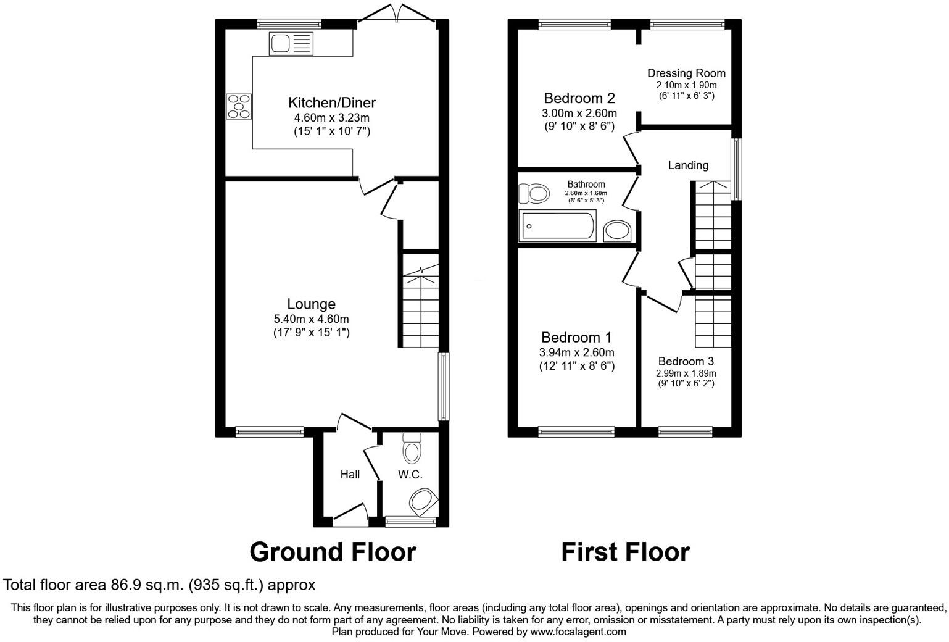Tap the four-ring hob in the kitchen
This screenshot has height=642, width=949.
click(x=239, y=106)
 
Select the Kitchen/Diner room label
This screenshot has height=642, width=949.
click(x=331, y=102)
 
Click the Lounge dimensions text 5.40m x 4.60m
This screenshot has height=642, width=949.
click(x=312, y=319)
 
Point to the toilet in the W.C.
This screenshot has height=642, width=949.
click(x=411, y=448)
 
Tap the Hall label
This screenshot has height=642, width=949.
click(x=350, y=474)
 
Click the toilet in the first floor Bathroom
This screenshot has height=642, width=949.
click(x=534, y=194)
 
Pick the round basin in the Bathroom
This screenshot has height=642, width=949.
click(x=616, y=231)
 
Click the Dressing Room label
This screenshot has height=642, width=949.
click(x=686, y=73)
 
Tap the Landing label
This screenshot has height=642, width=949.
click(x=688, y=165)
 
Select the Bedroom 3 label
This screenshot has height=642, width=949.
click(x=685, y=361)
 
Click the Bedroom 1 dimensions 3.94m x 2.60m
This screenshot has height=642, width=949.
click(x=576, y=352)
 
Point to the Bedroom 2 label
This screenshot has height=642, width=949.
click(x=579, y=98)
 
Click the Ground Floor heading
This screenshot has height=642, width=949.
click(x=333, y=551)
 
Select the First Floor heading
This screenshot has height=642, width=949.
click(x=625, y=551)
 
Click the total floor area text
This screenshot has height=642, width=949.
click(x=159, y=584)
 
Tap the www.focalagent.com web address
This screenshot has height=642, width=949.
click(x=578, y=632)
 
